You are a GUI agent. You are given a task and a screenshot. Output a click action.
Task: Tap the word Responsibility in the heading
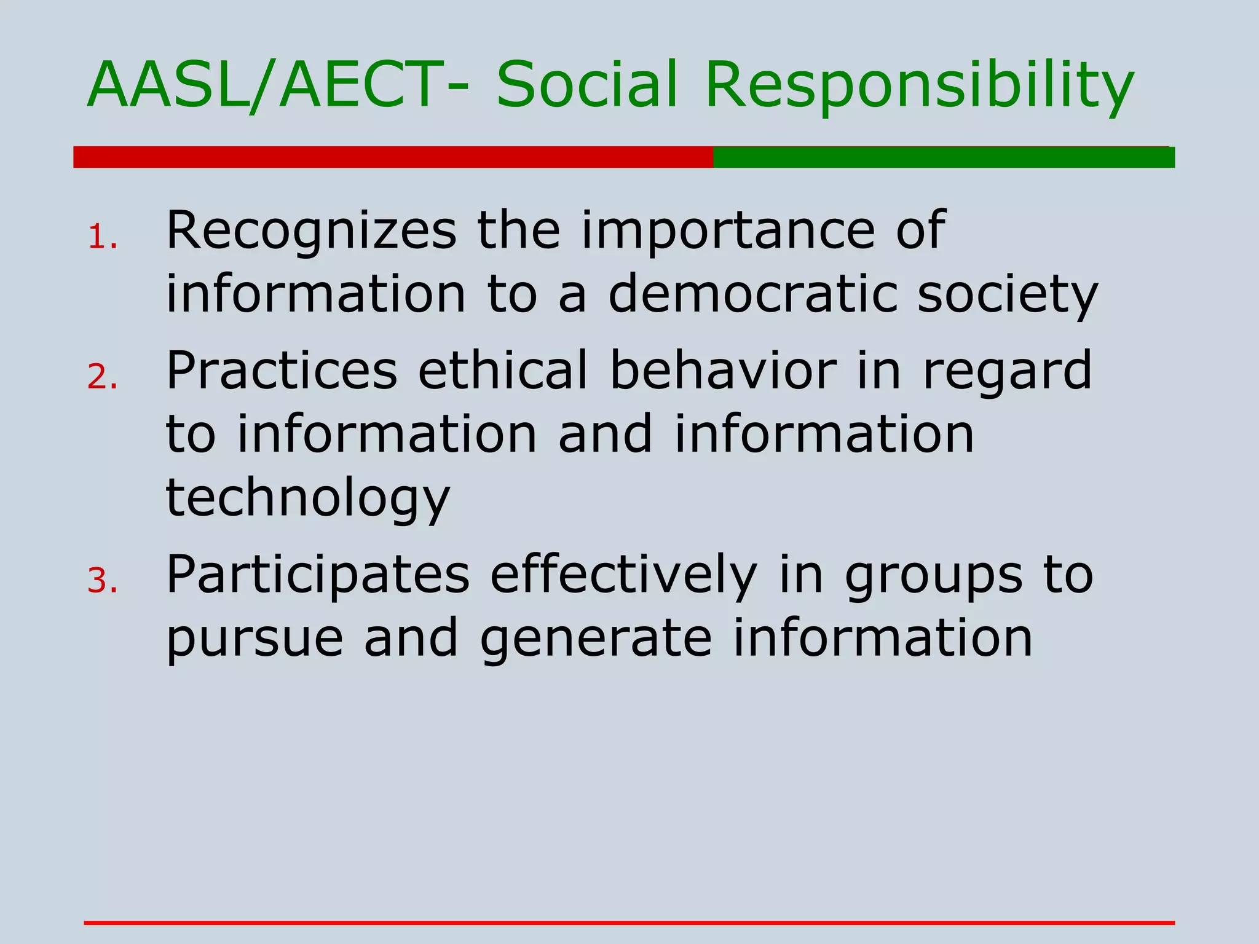919,86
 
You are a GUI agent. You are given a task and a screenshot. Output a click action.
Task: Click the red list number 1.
101,237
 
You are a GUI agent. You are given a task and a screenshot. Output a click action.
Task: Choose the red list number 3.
101,581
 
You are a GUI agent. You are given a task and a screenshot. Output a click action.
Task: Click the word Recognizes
311,231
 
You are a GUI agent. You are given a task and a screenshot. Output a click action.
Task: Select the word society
1008,296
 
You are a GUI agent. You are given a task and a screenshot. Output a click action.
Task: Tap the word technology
308,499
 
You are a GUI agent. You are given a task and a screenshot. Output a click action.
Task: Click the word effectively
623,576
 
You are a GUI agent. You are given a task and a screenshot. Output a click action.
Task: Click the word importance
728,232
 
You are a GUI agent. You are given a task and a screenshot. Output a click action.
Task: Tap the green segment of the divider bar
944,157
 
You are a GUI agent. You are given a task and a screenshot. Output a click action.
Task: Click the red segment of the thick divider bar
393,157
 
